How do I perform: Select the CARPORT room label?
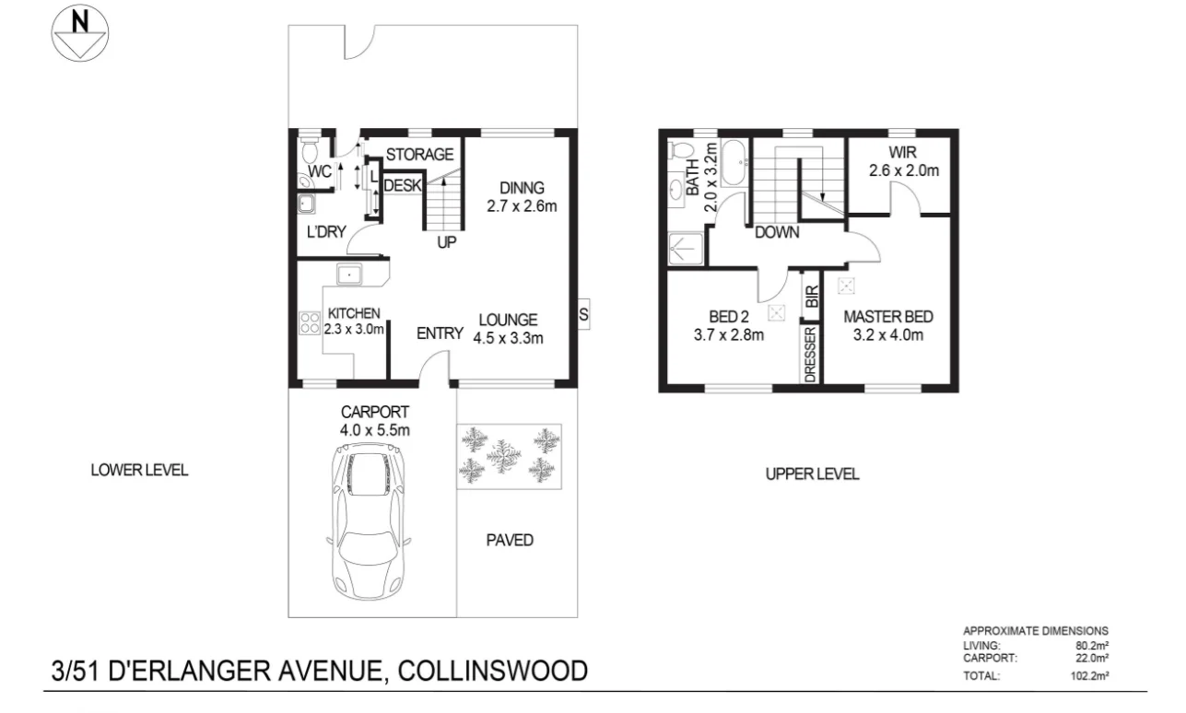[x=373, y=412]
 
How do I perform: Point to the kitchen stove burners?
[x=310, y=322]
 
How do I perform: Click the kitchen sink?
[x=351, y=275]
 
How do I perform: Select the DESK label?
[x=402, y=186]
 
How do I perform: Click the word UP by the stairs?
[x=447, y=243]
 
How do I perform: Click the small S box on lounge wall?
[x=583, y=314]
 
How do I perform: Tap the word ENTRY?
[x=440, y=333]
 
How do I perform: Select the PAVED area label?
[x=510, y=541]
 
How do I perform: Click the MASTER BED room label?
[x=888, y=317]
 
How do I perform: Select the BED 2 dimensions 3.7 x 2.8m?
[x=729, y=335]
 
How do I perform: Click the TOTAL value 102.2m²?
[x=1090, y=675]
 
